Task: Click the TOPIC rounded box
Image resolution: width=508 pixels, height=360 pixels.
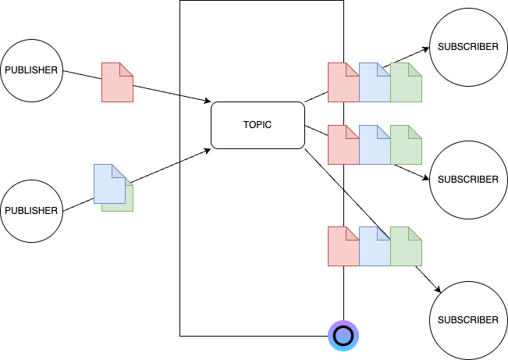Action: (258, 125)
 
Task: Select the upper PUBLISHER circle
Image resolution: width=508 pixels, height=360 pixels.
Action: (31, 70)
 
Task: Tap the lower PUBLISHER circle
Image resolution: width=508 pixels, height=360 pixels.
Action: (31, 210)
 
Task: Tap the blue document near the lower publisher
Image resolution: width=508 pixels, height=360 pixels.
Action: (108, 184)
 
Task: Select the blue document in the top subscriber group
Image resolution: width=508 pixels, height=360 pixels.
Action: (373, 84)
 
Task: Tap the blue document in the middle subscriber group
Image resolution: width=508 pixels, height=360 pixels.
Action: (373, 147)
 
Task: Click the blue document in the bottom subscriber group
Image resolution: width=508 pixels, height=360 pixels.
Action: (373, 248)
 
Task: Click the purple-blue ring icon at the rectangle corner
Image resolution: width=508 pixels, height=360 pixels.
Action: (343, 336)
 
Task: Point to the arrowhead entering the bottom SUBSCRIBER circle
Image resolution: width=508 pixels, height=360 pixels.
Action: (439, 291)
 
